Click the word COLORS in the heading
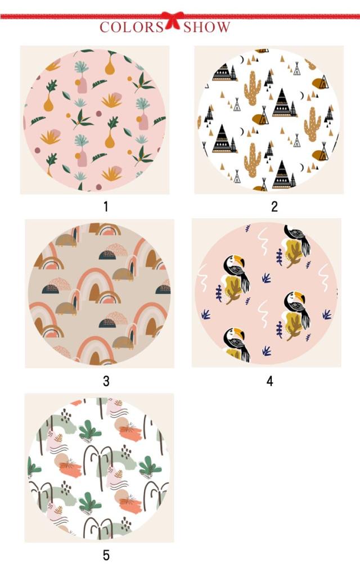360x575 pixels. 132,27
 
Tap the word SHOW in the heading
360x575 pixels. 207,27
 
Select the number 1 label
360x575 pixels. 106,207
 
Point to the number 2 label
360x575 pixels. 274,207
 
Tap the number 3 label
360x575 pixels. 106,382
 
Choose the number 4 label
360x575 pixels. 270,382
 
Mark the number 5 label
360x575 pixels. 106,555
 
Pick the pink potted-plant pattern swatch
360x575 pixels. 94,120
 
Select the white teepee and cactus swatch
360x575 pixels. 269,120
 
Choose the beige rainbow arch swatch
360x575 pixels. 100,294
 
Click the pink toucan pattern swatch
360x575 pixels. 266,293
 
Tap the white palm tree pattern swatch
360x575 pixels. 99,468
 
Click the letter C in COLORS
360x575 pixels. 105,27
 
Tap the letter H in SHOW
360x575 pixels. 199,27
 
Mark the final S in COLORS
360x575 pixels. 159,27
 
